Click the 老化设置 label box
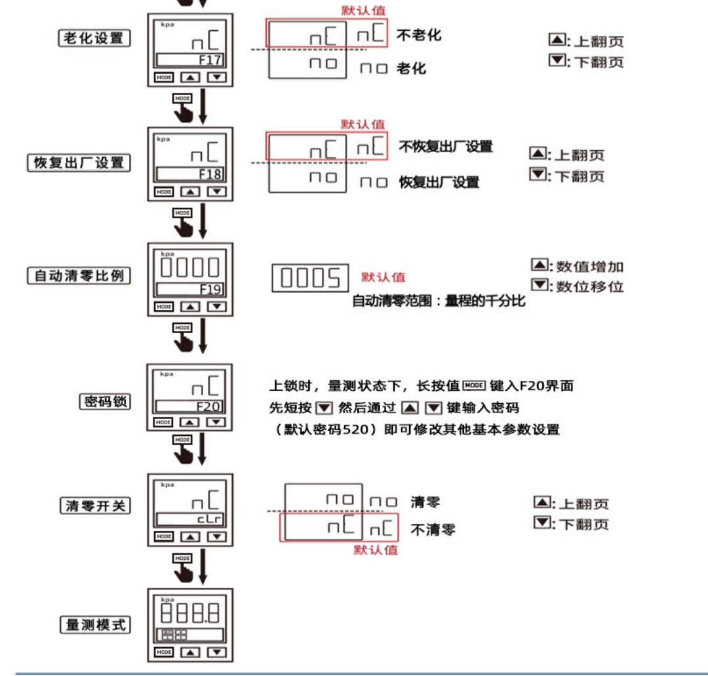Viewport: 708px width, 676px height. [x=93, y=38]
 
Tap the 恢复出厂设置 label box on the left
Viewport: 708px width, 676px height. [x=79, y=163]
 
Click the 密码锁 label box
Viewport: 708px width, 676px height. [x=104, y=401]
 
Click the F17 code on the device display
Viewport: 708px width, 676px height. [x=210, y=62]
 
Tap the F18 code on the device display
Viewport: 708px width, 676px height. [x=210, y=174]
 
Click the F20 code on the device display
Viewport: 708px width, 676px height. [x=209, y=407]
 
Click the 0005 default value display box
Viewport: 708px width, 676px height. [x=307, y=279]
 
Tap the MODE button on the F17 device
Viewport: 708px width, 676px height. [x=164, y=77]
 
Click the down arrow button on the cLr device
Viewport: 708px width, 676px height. [x=216, y=536]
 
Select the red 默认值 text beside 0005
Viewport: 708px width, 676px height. [x=383, y=277]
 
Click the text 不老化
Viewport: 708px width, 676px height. [x=419, y=35]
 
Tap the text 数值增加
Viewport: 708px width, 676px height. [x=589, y=266]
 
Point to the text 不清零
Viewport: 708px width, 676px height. [x=433, y=530]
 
